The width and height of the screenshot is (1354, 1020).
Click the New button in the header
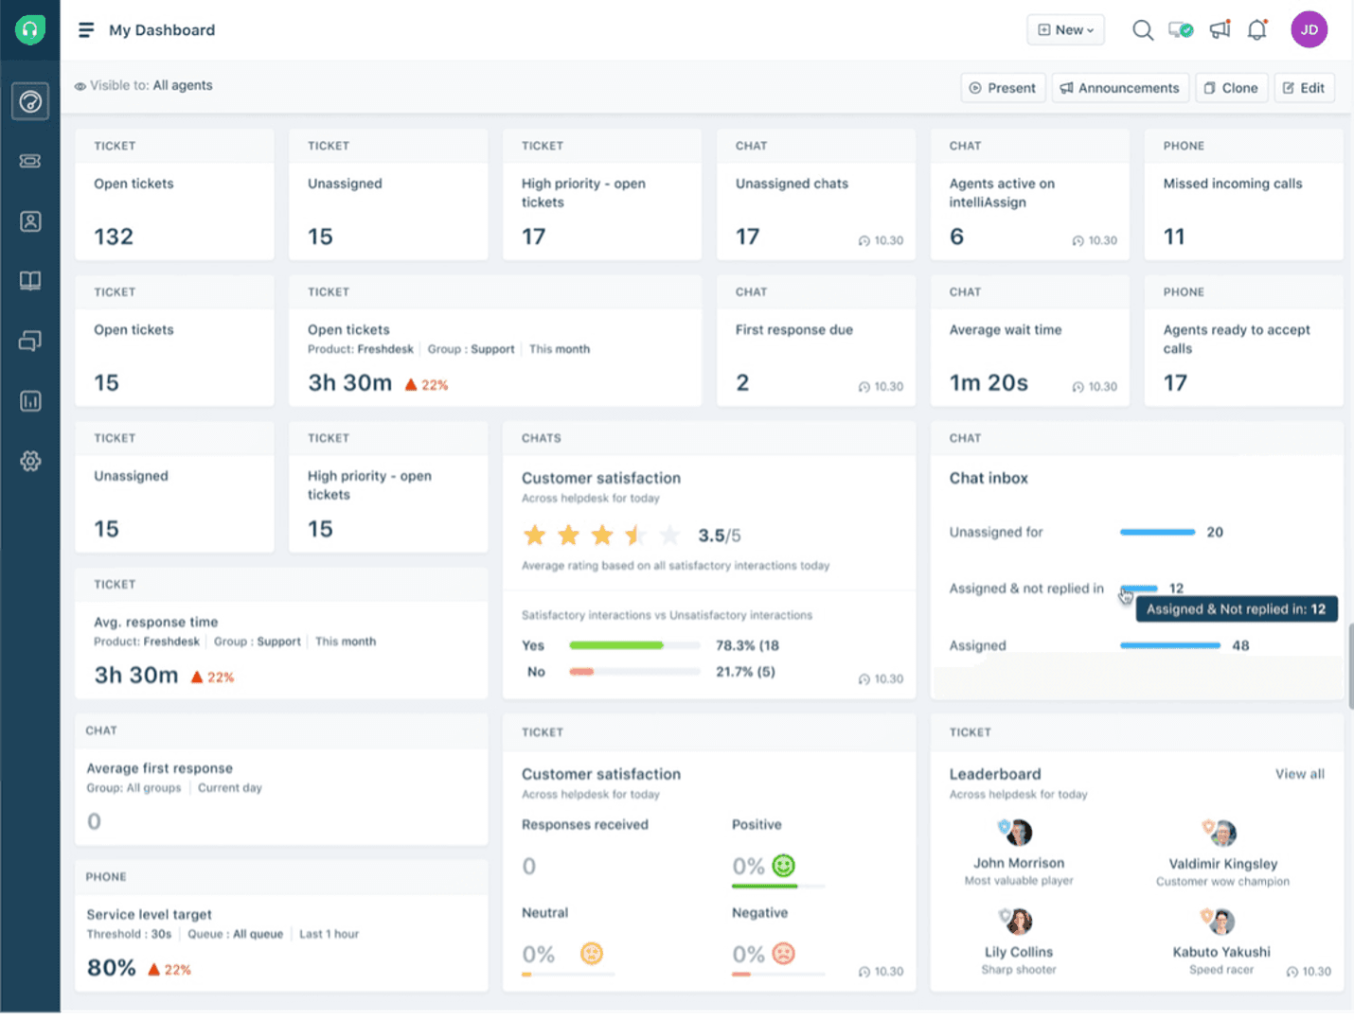coord(1065,30)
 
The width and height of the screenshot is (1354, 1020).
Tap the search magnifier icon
coord(1143,30)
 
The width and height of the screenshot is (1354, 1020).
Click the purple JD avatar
coord(1309,30)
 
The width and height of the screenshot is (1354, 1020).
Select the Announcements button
coord(1119,88)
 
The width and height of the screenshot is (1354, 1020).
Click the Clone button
coord(1231,88)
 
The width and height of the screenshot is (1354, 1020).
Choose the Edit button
coord(1304,88)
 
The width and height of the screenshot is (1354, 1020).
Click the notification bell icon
coord(1256,30)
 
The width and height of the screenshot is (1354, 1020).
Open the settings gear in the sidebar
coord(30,462)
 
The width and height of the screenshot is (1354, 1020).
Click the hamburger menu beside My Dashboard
coord(86,30)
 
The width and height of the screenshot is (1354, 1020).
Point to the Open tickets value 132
coord(114,237)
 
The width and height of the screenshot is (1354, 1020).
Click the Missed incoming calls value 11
coord(1174,237)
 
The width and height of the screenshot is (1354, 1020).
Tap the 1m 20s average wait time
coord(989,383)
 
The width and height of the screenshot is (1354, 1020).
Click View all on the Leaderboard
coord(1299,774)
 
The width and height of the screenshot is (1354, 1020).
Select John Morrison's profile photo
coord(1018,834)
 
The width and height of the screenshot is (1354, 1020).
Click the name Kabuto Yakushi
coord(1221,952)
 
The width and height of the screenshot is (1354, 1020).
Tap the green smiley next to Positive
coord(783,866)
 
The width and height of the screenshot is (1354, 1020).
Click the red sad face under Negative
coord(783,954)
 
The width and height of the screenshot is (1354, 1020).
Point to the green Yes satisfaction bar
coord(616,645)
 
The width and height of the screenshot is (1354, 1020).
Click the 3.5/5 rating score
coord(720,536)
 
